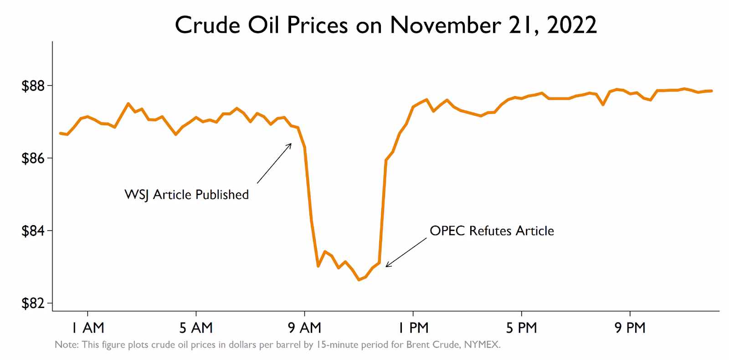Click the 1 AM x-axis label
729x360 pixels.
coord(87,327)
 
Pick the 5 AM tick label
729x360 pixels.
coord(196,327)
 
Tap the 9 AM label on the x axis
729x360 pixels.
coord(304,327)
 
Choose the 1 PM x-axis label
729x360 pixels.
coord(413,327)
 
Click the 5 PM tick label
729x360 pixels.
coord(521,327)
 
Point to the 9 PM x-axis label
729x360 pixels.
coord(630,327)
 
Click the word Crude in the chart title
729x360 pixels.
coord(208,25)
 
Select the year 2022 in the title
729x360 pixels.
coord(571,25)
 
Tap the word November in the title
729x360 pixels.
coord(444,25)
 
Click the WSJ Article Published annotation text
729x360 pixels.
coord(187,195)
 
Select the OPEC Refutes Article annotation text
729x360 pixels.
coord(492,231)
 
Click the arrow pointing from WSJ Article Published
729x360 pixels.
coord(274,163)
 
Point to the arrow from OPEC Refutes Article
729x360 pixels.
coord(406,252)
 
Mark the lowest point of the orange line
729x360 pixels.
coord(359,280)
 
